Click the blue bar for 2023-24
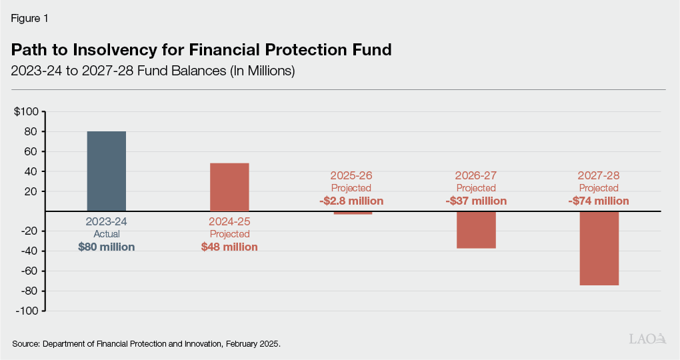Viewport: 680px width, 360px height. [107, 171]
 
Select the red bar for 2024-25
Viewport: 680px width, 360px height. [229, 187]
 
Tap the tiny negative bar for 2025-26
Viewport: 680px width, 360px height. [353, 213]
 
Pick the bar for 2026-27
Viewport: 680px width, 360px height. [476, 230]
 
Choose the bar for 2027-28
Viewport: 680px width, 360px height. [599, 248]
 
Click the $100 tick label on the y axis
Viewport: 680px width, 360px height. [26, 111]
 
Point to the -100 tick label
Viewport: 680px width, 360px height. [27, 311]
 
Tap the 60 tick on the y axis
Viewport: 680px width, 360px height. [31, 151]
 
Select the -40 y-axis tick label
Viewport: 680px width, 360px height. [29, 251]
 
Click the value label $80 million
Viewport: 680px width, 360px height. [107, 247]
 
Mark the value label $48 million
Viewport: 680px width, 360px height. [229, 247]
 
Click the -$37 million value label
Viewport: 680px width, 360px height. [475, 201]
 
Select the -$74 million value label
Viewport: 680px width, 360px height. [598, 201]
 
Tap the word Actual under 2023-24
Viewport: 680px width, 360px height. [107, 235]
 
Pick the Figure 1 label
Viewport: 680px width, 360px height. [29, 19]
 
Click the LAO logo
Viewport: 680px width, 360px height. [648, 339]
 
